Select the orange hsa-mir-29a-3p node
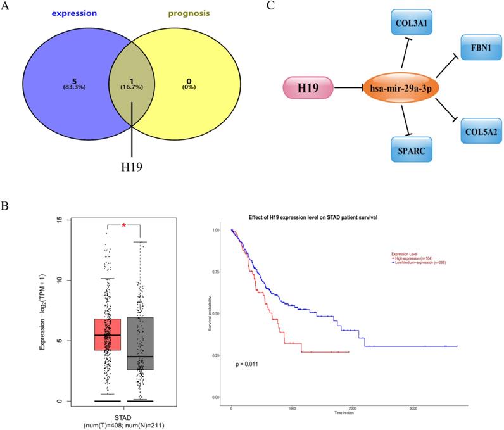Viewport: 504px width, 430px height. coord(400,87)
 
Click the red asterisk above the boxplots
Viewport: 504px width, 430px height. coord(123,225)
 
